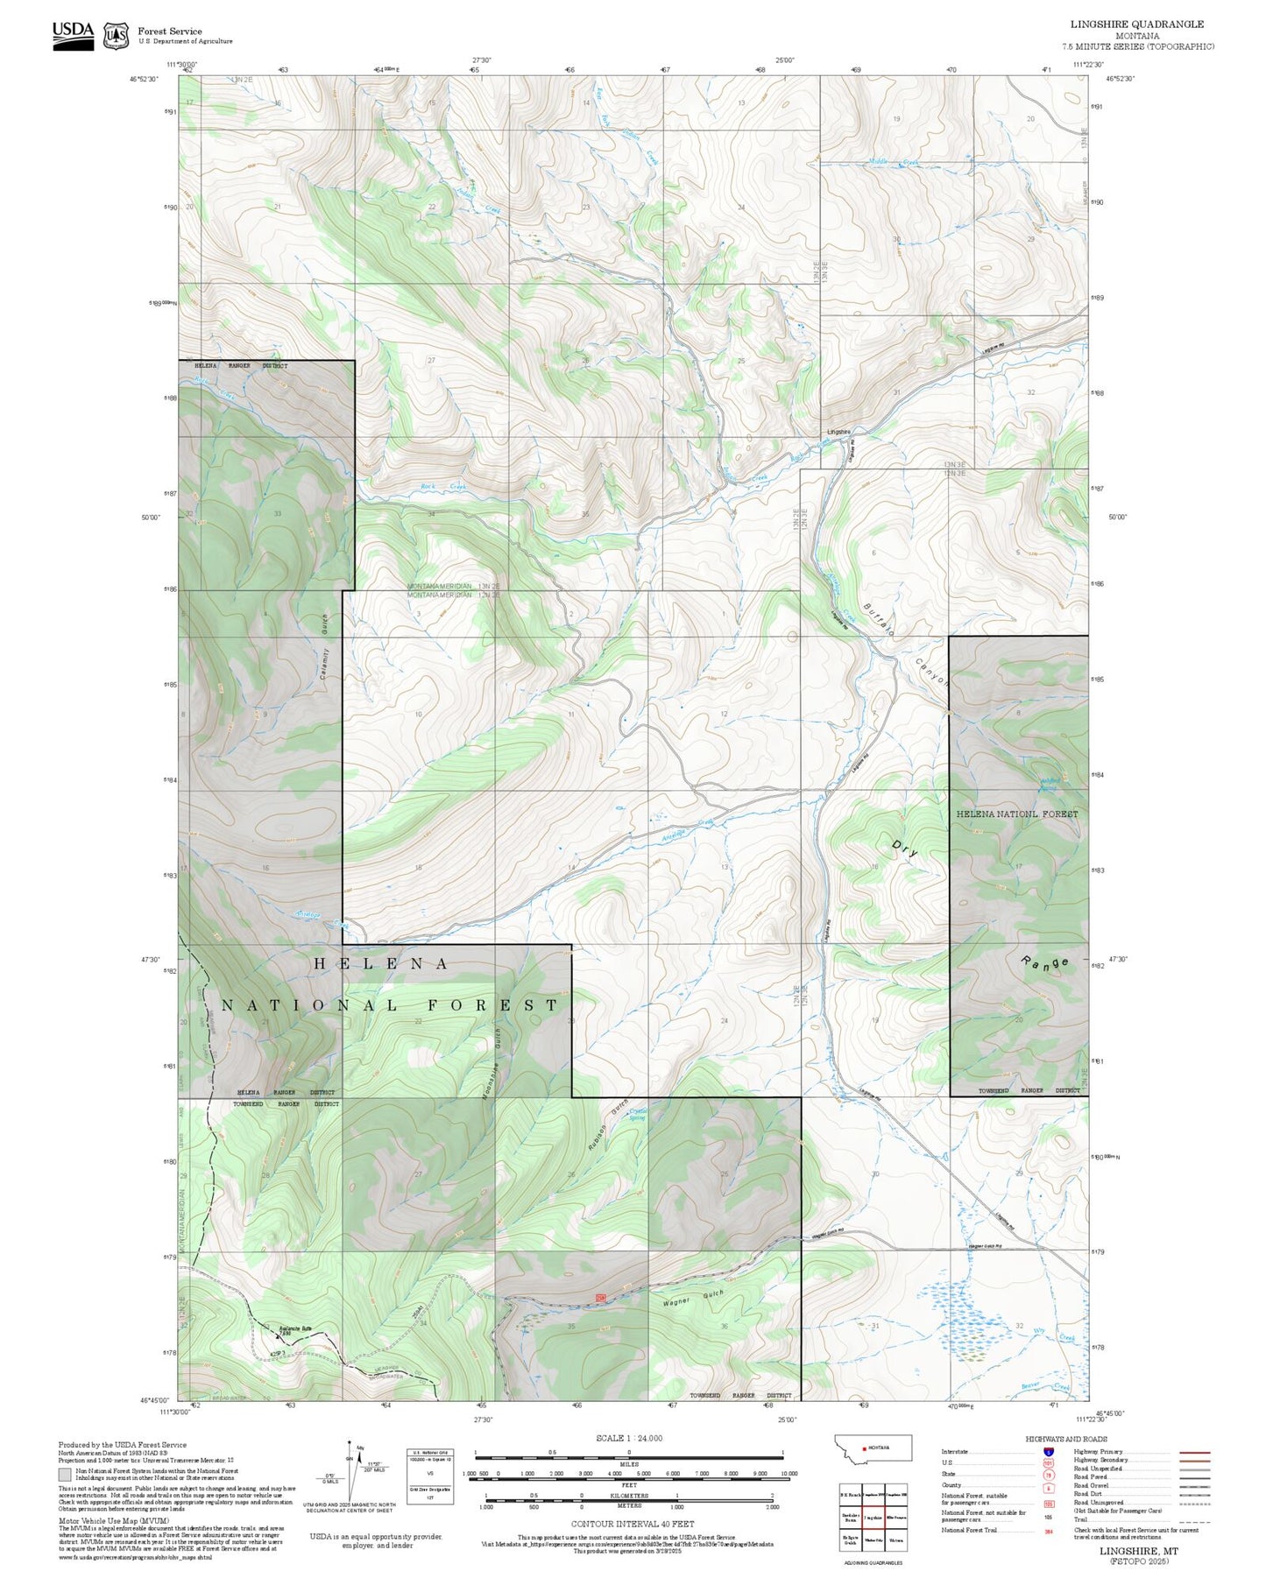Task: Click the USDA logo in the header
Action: coord(73,35)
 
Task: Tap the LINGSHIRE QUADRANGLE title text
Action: coord(1136,25)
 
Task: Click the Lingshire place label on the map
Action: coord(838,432)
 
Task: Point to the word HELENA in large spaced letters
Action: coord(381,964)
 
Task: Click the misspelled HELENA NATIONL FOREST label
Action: coord(1016,814)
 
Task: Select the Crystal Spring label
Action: coord(638,1115)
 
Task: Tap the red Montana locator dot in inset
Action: coord(865,1448)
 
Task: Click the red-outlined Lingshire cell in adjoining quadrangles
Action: coord(872,1517)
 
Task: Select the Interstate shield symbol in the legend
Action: coord(1048,1452)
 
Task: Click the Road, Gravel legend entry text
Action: coord(1091,1486)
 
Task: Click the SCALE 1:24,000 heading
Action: coord(628,1439)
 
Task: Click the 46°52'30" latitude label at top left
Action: coord(145,79)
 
